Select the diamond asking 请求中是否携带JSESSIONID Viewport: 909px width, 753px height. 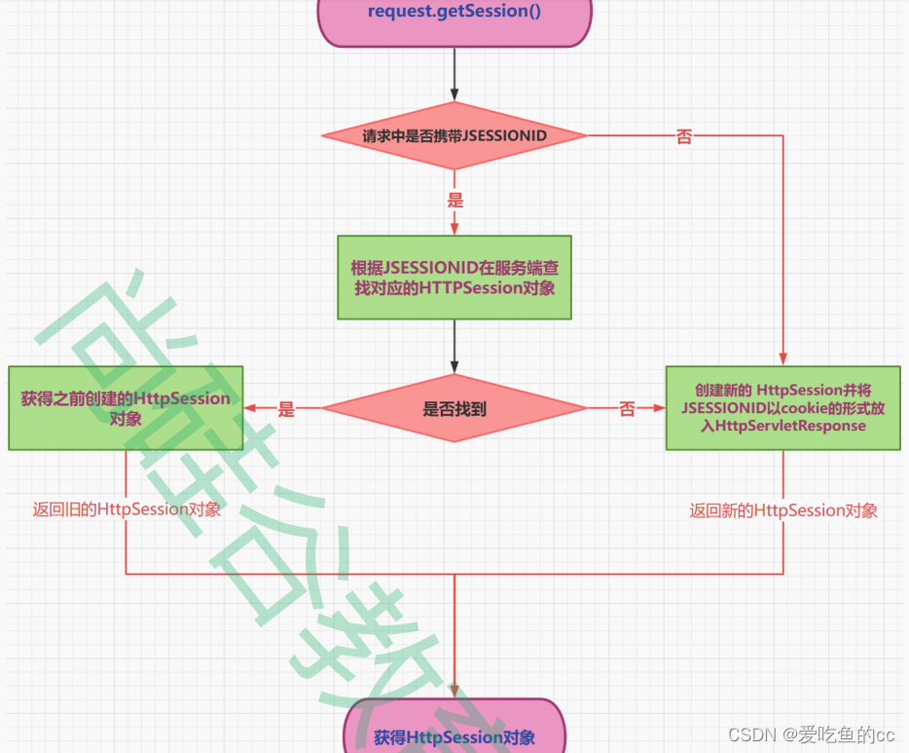454,136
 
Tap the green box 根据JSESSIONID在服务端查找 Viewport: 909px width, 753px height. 454,277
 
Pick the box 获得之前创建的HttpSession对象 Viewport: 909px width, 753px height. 126,408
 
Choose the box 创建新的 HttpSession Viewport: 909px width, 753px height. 782,407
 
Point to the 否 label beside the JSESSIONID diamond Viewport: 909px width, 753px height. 684,137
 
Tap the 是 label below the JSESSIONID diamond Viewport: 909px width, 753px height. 454,201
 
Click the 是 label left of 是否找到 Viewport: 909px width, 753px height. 285,410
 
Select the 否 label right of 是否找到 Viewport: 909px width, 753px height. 627,410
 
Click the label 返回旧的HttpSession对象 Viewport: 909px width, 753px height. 127,509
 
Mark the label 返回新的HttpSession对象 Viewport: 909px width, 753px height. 783,510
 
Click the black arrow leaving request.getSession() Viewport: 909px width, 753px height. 454,73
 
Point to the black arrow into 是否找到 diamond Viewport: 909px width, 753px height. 454,346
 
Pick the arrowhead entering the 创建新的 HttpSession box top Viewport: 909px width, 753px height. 782,359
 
